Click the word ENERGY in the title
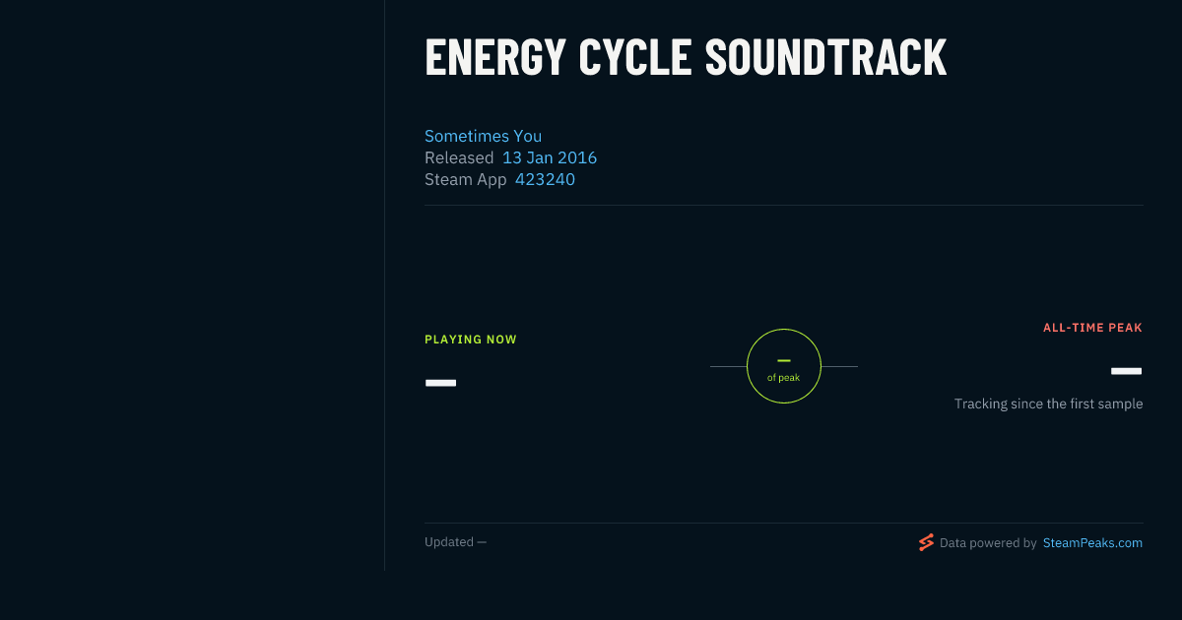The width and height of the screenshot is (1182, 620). pos(494,58)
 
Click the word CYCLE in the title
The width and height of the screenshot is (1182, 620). pos(634,58)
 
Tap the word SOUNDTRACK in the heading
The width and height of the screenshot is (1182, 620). pos(825,58)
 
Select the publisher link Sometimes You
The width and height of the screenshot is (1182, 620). pos(483,136)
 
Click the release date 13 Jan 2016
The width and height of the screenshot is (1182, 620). pos(550,157)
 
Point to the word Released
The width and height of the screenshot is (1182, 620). pos(459,157)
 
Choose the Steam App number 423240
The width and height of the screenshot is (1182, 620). pos(545,179)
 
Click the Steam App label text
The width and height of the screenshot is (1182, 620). pos(465,180)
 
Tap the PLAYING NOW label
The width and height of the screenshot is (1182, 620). pos(471,340)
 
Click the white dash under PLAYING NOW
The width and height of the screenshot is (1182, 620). pos(440,383)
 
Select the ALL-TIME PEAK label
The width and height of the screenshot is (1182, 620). pos(1092,328)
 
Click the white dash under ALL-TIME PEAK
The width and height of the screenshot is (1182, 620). pos(1126,371)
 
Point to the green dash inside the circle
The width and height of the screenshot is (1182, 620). pos(784,360)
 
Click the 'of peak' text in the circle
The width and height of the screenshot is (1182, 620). pos(784,378)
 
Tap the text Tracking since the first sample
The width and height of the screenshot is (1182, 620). pos(1048,403)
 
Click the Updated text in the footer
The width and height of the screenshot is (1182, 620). pos(449,542)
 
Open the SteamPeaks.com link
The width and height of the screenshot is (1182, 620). pos(1092,543)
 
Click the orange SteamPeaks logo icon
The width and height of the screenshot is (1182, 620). pos(926,542)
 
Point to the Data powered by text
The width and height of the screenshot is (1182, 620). pos(988,543)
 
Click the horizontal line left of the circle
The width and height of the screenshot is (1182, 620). pos(728,366)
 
